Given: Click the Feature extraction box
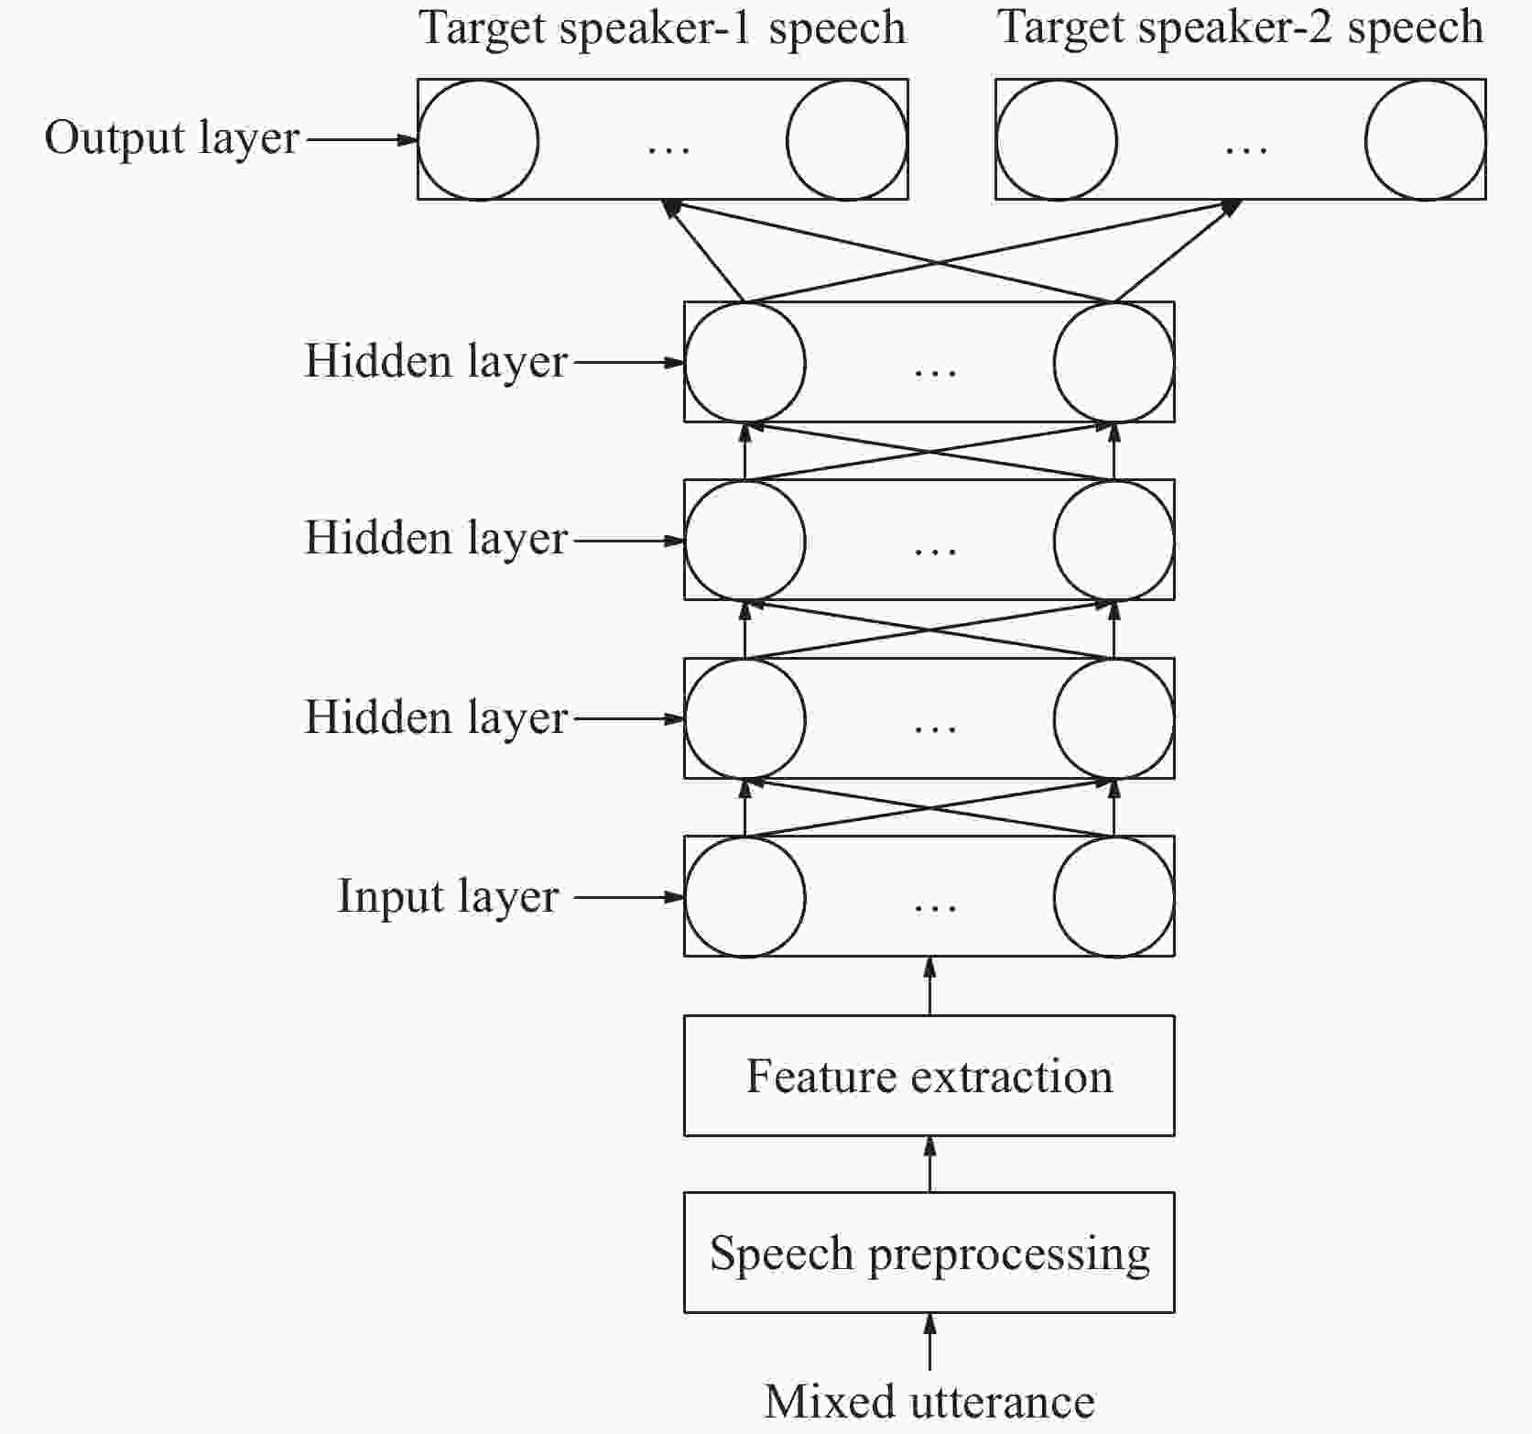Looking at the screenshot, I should (929, 1076).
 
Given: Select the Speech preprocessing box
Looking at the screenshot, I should (929, 1253).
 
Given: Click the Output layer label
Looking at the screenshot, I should (172, 139).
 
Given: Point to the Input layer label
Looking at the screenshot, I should (448, 896).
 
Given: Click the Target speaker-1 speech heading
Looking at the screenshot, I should (662, 28).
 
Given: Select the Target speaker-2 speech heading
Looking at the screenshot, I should (1240, 27).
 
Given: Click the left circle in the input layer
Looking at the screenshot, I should (745, 896).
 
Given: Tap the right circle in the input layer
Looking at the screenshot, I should (1114, 896).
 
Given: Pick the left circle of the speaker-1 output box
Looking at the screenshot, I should (478, 140).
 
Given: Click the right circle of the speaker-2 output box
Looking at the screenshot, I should (1425, 140).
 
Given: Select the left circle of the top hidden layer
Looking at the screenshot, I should (745, 362).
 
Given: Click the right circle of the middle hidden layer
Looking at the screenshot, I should (1114, 540).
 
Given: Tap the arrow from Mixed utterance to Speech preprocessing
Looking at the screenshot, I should (929, 1342).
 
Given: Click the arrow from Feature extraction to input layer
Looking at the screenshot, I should (929, 986).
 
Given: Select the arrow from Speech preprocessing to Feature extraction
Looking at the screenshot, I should (929, 1164).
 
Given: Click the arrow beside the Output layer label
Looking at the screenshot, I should (361, 140).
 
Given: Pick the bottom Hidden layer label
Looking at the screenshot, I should (436, 717).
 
